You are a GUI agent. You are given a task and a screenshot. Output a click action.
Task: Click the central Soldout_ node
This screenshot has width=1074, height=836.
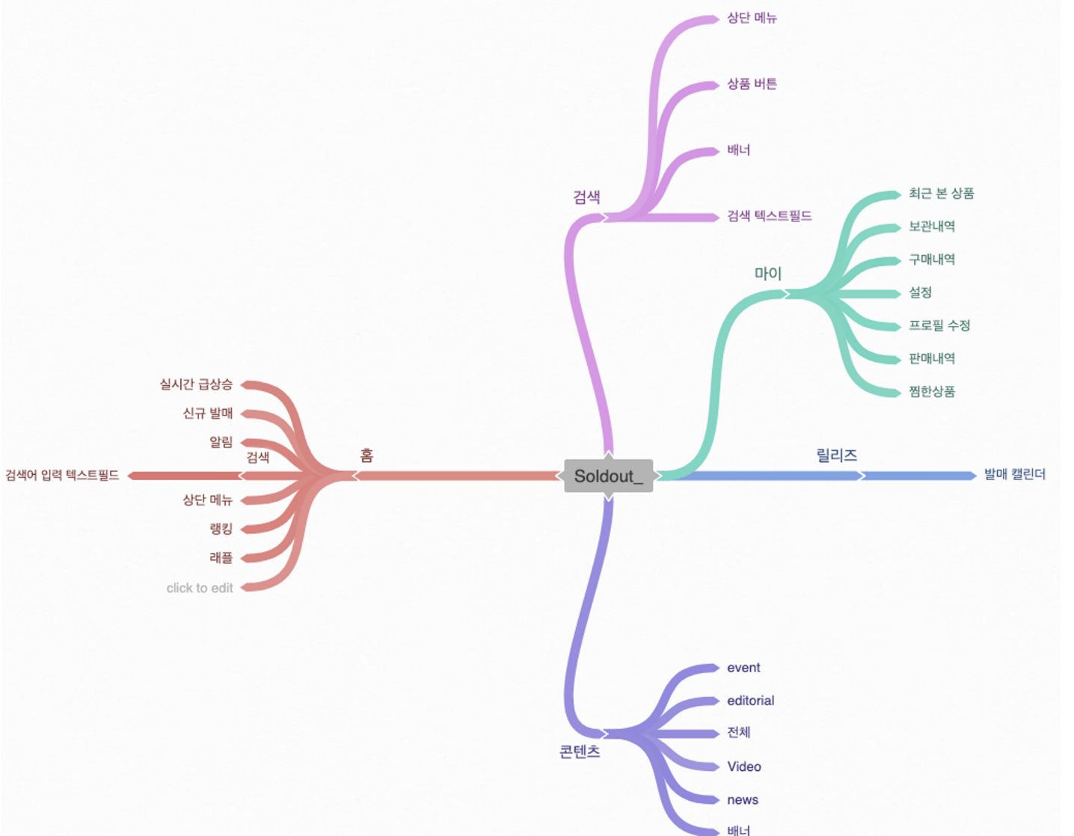[608, 476]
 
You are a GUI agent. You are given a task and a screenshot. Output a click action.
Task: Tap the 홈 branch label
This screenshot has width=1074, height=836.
[366, 455]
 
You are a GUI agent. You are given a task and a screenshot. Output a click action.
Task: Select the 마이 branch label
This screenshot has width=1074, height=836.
[767, 274]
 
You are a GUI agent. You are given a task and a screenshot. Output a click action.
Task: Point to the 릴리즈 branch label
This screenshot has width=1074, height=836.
[836, 455]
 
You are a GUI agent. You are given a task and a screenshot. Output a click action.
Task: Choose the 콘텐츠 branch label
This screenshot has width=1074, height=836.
[580, 752]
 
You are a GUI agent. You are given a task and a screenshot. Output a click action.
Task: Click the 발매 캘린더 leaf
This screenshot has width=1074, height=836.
[1014, 475]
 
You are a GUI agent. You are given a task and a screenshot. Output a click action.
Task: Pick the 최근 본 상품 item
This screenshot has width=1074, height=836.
[941, 194]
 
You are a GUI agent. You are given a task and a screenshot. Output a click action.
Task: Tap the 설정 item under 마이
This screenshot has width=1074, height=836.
[920, 292]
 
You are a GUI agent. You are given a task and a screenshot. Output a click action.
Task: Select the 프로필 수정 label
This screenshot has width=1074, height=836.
[939, 325]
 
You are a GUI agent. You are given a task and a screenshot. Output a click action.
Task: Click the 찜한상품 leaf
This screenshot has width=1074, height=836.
[932, 391]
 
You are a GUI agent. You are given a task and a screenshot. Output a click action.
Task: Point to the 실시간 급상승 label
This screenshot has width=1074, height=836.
[196, 384]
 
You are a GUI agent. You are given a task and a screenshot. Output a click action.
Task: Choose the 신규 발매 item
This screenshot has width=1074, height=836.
[208, 414]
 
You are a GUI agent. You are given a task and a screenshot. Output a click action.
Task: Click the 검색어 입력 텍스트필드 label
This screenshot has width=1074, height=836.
[62, 476]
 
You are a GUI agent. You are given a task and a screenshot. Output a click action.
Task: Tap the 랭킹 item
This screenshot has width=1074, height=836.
[221, 529]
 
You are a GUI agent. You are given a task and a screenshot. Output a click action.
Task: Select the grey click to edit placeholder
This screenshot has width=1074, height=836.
[200, 588]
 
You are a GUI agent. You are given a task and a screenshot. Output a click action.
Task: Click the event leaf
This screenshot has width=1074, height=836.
[743, 668]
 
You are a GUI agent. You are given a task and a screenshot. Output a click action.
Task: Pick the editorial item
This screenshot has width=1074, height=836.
[750, 701]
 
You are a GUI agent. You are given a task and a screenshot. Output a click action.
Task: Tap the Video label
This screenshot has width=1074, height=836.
[744, 766]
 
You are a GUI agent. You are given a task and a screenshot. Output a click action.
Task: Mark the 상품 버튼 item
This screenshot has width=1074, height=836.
[752, 84]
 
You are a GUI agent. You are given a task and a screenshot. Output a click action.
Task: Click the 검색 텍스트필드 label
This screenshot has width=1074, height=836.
[770, 216]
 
